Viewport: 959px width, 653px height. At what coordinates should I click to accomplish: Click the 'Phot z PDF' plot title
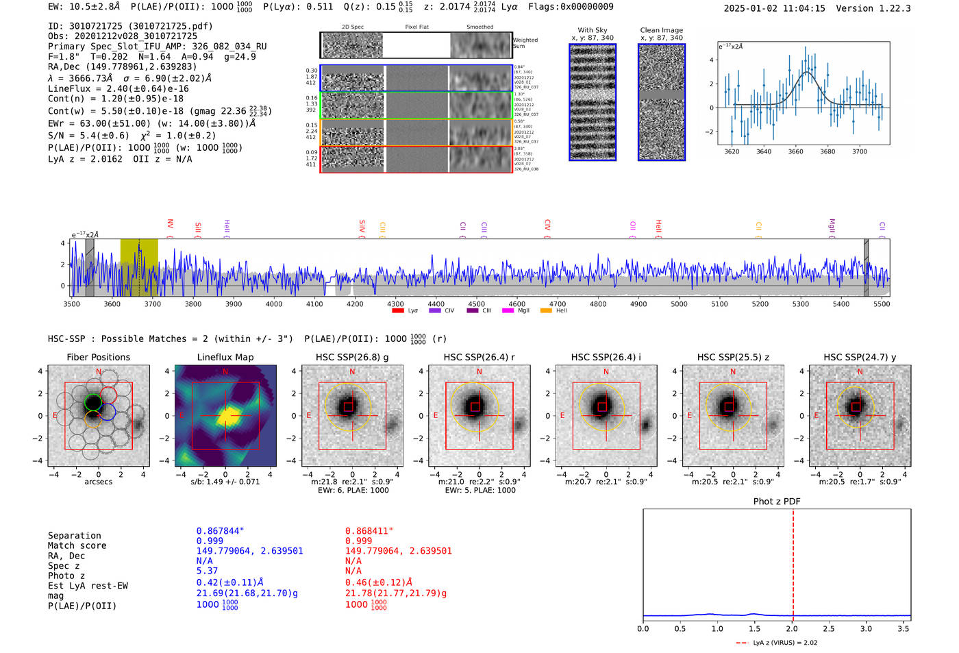pos(777,501)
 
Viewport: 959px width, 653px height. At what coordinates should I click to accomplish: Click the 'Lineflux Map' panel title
pos(225,357)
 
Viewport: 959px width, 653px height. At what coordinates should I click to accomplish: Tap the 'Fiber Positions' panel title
pos(98,357)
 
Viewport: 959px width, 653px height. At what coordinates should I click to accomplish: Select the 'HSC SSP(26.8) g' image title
pos(352,357)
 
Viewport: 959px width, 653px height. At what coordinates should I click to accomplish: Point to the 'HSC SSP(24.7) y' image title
pos(860,357)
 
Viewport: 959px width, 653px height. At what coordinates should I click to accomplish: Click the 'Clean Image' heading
pos(661,30)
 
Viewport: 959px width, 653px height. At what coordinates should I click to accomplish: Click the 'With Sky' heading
pos(593,30)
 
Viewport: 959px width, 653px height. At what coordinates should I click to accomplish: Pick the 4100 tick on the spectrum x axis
pos(314,304)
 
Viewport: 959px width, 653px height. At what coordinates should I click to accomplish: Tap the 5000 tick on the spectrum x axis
pos(679,304)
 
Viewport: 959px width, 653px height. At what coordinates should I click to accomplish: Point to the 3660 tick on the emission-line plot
pos(795,151)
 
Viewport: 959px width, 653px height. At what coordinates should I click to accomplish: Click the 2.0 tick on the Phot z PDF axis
pos(792,628)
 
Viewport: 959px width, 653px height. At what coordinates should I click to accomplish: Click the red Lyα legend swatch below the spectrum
pos(397,311)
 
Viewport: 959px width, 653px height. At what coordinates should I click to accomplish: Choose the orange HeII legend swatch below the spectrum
pos(546,311)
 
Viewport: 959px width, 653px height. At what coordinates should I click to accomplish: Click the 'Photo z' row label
pos(66,576)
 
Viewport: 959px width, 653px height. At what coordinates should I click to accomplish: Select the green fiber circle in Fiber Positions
pos(93,402)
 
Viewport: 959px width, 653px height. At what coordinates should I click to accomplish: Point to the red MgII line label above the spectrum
pos(832,225)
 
